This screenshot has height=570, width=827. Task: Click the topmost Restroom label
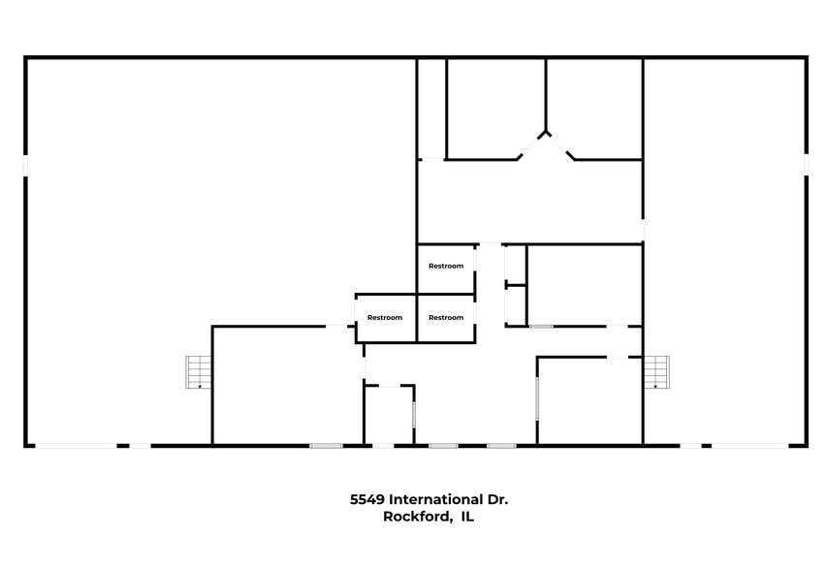[446, 266]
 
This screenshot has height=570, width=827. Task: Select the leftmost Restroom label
[385, 317]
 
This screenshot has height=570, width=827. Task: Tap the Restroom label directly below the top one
[446, 317]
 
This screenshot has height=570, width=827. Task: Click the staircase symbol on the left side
[199, 372]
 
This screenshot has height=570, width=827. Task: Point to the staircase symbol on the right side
[656, 372]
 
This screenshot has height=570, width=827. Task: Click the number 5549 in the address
[367, 499]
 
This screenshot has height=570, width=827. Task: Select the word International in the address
[435, 499]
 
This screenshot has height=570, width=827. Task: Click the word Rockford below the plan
[417, 518]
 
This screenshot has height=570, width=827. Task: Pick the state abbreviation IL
[466, 518]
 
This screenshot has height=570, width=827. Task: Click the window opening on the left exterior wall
[26, 165]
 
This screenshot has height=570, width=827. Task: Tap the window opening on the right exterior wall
[806, 165]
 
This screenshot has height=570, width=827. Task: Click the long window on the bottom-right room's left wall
[537, 397]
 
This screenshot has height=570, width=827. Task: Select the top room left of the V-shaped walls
[494, 107]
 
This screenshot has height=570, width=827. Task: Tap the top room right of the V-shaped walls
[596, 107]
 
